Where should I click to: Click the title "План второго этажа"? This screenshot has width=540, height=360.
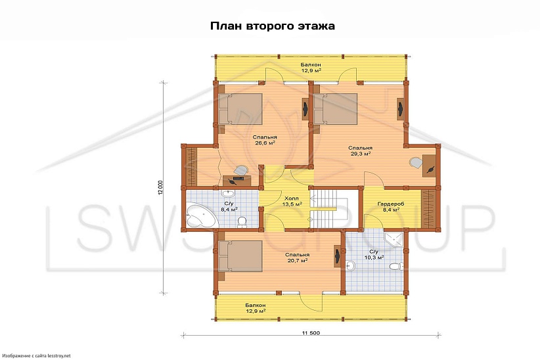click(x=273, y=26)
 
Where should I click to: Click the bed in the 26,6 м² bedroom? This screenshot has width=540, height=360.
click(x=240, y=109)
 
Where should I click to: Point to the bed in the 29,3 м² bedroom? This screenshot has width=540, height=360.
click(x=336, y=109)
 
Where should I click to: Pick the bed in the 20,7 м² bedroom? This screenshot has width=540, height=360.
click(x=240, y=256)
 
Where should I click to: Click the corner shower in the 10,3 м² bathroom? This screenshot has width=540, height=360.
click(x=394, y=241)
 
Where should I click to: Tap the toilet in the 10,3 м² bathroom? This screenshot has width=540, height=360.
click(x=395, y=266)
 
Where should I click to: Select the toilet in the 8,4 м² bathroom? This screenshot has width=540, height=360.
click(x=242, y=221)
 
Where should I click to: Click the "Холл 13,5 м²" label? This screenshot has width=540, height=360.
click(x=292, y=201)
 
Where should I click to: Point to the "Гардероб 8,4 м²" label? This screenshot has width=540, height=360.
click(x=390, y=206)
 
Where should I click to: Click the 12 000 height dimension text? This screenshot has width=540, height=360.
click(x=160, y=188)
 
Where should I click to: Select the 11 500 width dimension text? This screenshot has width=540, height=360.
click(x=311, y=333)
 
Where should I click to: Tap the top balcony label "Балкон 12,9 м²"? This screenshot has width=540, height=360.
click(x=311, y=68)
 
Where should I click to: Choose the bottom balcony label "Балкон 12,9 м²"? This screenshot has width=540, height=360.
click(x=255, y=308)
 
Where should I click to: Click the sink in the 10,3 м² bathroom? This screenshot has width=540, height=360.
click(x=351, y=266)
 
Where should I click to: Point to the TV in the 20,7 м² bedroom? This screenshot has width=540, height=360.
click(x=337, y=256)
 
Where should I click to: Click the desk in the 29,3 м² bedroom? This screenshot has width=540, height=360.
click(x=429, y=166)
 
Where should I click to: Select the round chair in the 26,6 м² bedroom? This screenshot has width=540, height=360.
click(x=240, y=171)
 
